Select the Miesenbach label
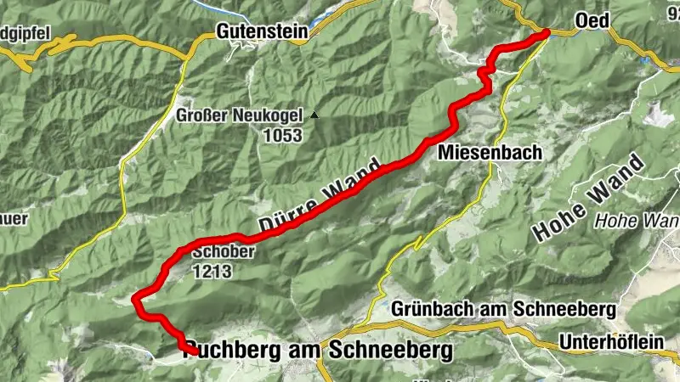pos(479,153)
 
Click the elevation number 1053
pos(283,135)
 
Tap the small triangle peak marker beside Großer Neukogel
pos(315,115)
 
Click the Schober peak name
pos(219,252)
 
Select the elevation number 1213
pos(212,271)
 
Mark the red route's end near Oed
pos(546,33)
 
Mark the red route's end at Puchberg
pos(195,351)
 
